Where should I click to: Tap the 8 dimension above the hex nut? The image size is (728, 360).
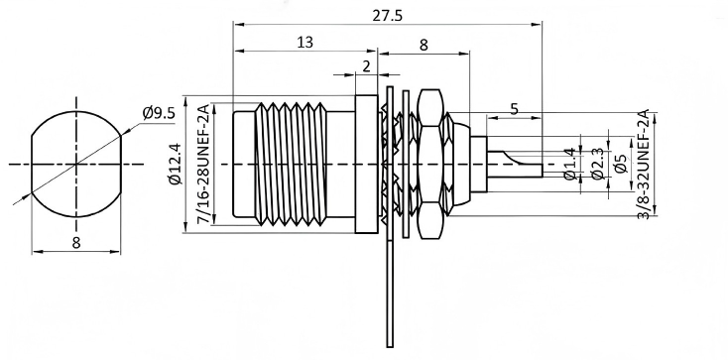[x=424, y=44]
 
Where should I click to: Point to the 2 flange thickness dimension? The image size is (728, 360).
[x=366, y=65]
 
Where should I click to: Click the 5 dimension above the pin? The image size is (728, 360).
[x=514, y=109]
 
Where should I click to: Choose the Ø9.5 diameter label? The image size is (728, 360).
[x=159, y=113]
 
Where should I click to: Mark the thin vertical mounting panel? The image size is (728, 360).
[x=388, y=298]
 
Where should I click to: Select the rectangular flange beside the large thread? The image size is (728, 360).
[x=366, y=164]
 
